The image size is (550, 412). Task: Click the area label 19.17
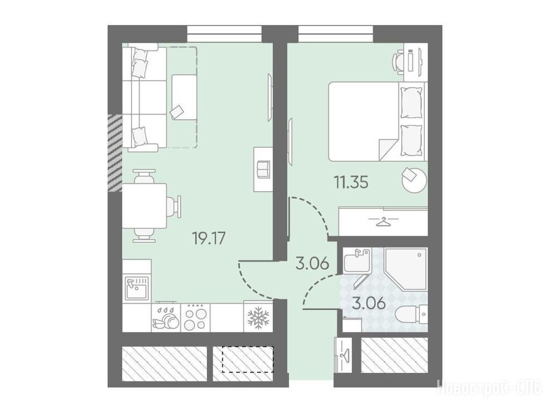pos(209,238)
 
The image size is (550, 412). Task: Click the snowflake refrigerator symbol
pos(258,317)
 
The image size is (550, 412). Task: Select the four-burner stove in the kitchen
pos(195,317)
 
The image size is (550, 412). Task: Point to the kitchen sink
pos(137,288)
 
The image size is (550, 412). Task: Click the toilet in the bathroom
pos(411,313)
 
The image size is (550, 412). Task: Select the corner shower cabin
pos(406,269)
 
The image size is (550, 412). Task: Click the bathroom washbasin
pos(357,260)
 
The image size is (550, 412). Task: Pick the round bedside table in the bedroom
pos(414,180)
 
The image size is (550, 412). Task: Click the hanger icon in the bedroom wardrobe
pos(383,222)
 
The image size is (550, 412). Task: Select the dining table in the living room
pos(144,206)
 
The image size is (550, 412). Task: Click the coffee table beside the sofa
pos(184,97)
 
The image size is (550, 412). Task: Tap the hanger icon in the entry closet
pos(343,355)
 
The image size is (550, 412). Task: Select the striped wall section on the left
pos(115,153)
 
